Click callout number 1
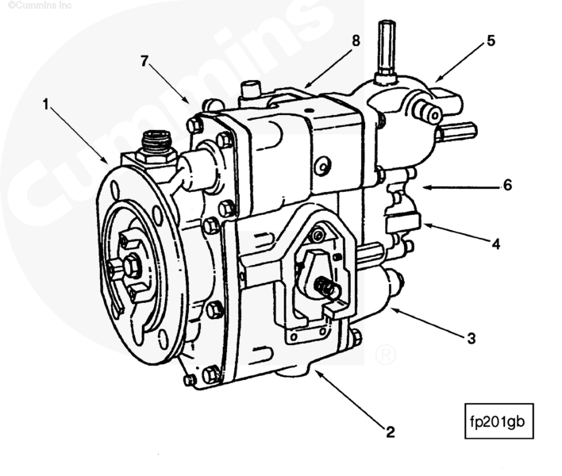[x=46, y=104]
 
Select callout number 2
[x=390, y=432]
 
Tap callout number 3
[x=471, y=339]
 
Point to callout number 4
[x=495, y=244]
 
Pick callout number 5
[x=491, y=40]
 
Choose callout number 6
[x=506, y=186]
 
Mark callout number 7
[x=145, y=60]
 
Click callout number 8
[x=356, y=39]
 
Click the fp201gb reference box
[x=495, y=421]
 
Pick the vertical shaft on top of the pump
[x=387, y=48]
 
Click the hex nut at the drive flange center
[x=131, y=267]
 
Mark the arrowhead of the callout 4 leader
[x=423, y=225]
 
